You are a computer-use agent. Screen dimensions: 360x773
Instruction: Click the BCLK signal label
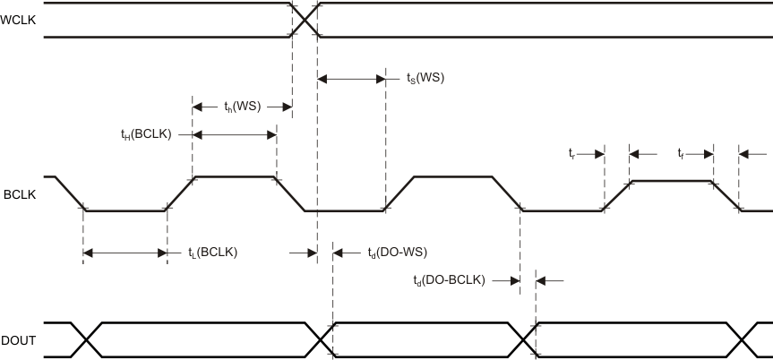[x=19, y=193]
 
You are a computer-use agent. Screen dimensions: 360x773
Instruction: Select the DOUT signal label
[x=19, y=339]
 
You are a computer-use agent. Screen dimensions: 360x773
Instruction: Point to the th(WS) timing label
[x=242, y=107]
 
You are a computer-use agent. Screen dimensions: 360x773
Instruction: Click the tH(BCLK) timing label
[x=145, y=134]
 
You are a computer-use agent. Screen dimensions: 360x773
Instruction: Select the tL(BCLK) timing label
[x=212, y=253]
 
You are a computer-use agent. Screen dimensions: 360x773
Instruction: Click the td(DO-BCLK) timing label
[x=449, y=280]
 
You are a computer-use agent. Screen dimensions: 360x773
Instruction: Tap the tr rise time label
[x=571, y=153]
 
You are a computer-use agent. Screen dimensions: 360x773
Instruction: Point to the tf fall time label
[x=682, y=153]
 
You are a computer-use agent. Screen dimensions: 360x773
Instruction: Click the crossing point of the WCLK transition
[x=305, y=20]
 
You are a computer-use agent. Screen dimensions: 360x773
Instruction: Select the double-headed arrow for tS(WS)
[x=351, y=79]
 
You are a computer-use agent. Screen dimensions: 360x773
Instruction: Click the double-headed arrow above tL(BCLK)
[x=125, y=253]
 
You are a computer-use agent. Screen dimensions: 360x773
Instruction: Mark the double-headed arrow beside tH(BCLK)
[x=234, y=134]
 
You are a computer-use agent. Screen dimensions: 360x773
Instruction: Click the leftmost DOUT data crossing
[x=88, y=339]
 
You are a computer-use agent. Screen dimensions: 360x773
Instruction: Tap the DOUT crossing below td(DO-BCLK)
[x=528, y=339]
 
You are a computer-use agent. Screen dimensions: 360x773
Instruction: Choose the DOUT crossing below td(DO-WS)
[x=325, y=339]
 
